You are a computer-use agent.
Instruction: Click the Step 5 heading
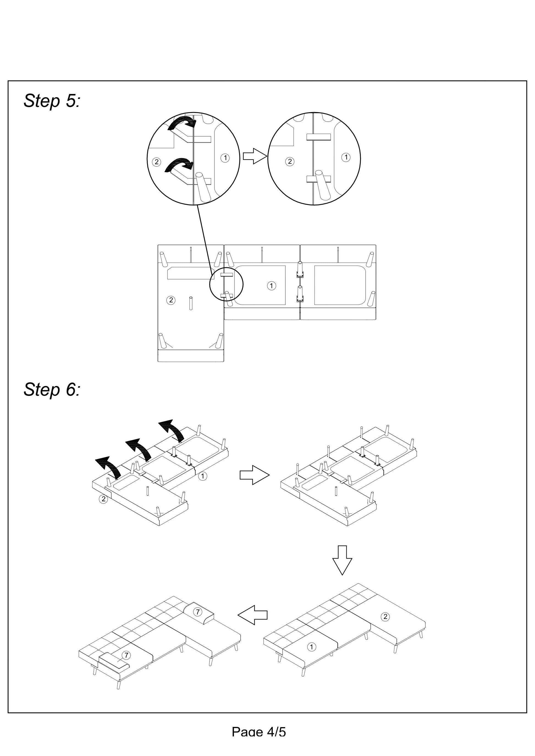click(52, 101)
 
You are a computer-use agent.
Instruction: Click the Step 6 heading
click(52, 390)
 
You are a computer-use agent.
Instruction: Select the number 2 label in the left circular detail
click(156, 162)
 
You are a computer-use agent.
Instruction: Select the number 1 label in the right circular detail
click(346, 157)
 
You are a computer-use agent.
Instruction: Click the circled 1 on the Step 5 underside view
click(271, 285)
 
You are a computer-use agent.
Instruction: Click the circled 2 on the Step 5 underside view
click(171, 300)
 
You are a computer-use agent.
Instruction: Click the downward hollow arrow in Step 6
click(342, 560)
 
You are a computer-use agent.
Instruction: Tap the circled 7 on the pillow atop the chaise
click(197, 612)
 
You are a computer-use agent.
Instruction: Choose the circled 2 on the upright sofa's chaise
click(385, 617)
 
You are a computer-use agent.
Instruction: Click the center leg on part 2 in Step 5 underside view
click(191, 303)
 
